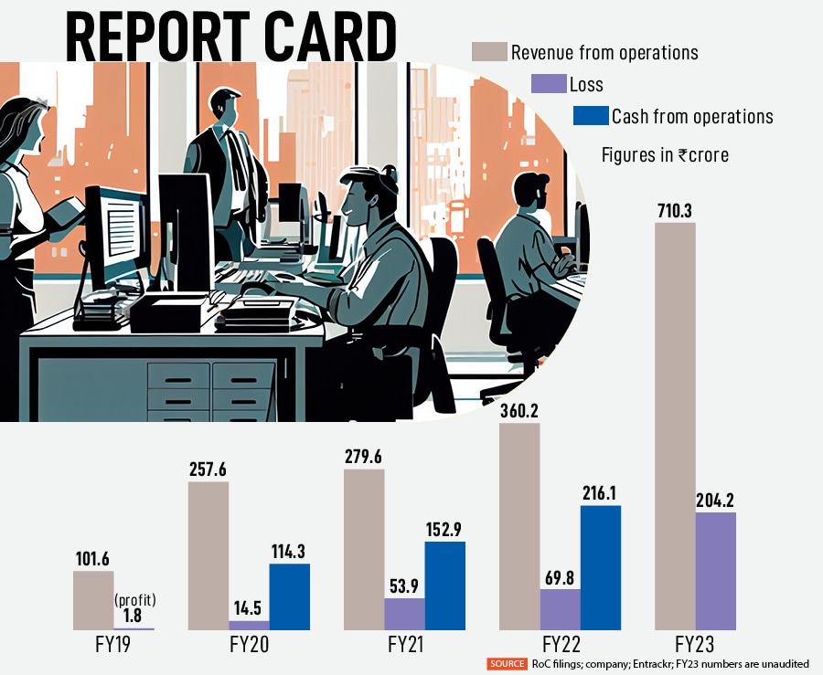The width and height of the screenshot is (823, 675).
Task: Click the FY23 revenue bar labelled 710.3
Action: pos(675,426)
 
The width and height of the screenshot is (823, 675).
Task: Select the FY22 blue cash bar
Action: pos(600,567)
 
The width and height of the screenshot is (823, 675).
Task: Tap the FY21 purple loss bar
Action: pos(404,614)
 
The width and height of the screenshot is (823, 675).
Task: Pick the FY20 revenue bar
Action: pos(208,555)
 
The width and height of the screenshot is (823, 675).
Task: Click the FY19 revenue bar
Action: pos(93,600)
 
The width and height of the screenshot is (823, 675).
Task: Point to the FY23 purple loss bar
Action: pos(715,571)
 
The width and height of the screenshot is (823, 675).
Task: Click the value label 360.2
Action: pos(519,410)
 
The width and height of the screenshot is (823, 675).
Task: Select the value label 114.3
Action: pos(290,551)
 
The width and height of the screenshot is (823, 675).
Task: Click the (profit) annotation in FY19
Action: pos(136,600)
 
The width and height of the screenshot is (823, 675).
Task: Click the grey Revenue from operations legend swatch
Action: pos(489,52)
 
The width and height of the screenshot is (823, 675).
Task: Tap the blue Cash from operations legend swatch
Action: pos(590,116)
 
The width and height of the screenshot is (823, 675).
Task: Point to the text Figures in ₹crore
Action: pos(665,154)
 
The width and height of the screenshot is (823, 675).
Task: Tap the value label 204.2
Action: pos(715,499)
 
